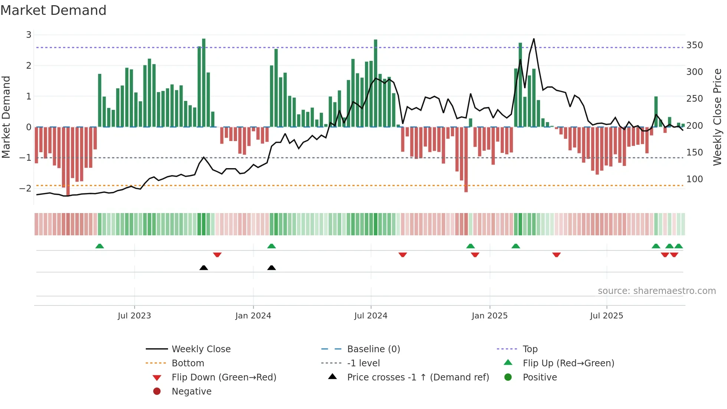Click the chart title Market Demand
click(x=53, y=10)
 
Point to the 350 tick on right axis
click(x=694, y=45)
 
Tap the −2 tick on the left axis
click(x=26, y=189)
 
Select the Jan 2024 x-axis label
click(x=253, y=316)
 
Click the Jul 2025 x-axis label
click(x=606, y=316)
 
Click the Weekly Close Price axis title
click(x=717, y=117)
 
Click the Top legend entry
click(x=530, y=349)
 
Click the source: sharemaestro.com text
click(x=657, y=291)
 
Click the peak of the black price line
click(x=534, y=39)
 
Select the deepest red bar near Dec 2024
click(x=466, y=160)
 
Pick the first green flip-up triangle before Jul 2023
click(x=99, y=246)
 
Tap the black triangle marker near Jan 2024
click(x=272, y=268)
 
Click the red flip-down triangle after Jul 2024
click(x=403, y=255)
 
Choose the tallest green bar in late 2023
click(x=204, y=82)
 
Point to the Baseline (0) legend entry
click(x=373, y=349)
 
